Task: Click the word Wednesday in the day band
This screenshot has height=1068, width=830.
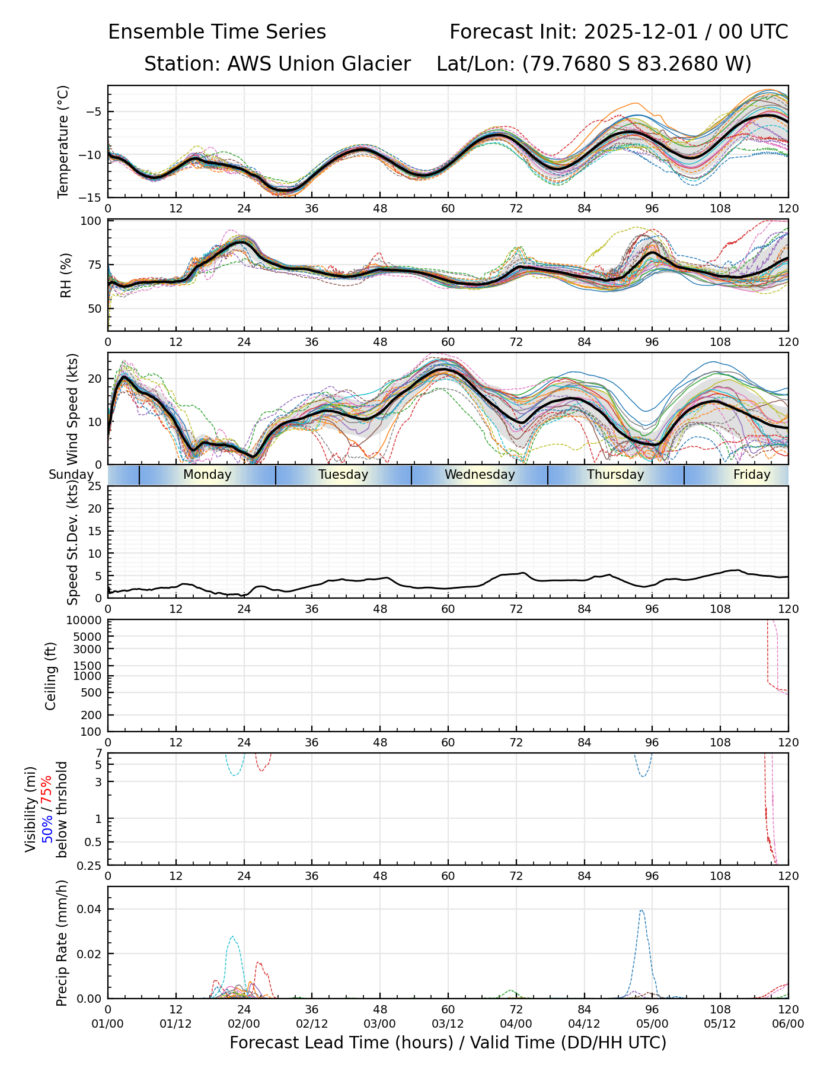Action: (480, 475)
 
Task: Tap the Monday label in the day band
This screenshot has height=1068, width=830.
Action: (207, 475)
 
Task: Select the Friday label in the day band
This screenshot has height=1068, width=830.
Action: (751, 475)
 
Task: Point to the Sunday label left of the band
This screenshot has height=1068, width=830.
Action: (71, 475)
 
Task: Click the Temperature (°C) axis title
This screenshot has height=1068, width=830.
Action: (63, 142)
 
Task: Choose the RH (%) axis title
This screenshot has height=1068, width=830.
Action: (65, 275)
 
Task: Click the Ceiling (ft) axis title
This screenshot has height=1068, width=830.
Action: (51, 676)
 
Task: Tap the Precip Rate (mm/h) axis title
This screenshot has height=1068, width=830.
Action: (62, 943)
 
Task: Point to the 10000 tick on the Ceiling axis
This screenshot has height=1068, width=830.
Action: (85, 621)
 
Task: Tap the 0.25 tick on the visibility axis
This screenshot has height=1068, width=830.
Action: (90, 865)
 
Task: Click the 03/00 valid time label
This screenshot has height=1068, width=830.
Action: (380, 1024)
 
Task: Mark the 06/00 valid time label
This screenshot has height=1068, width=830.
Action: (788, 1024)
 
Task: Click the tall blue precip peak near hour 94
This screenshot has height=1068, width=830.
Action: (641, 911)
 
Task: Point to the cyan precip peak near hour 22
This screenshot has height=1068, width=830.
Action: (232, 937)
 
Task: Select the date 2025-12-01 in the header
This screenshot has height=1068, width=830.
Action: (642, 32)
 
